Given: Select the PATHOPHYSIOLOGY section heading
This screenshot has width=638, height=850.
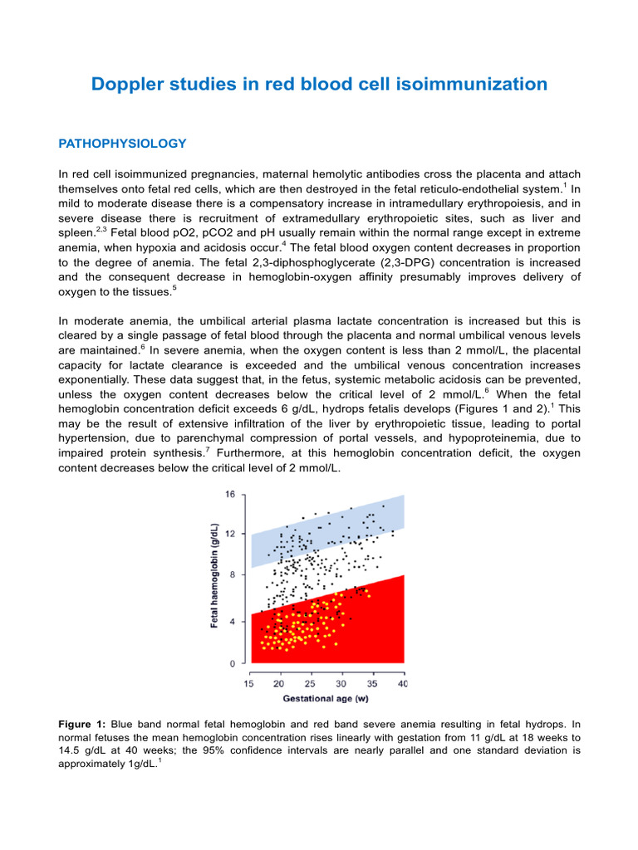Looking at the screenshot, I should click(x=122, y=144).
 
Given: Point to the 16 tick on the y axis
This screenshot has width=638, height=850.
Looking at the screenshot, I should click(x=230, y=495).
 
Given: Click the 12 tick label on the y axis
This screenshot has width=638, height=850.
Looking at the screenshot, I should click(x=230, y=533).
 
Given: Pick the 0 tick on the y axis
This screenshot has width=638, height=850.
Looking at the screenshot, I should click(x=233, y=663).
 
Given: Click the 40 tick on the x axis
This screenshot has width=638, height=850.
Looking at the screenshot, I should click(x=404, y=683).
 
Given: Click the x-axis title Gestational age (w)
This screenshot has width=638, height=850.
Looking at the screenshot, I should click(x=326, y=699).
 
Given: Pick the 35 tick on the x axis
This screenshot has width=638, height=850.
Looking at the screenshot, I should click(x=373, y=683).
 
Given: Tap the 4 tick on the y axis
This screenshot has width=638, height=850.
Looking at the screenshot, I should click(x=233, y=621).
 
